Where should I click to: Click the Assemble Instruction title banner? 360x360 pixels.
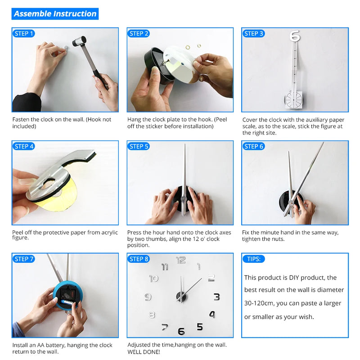coord(55,14)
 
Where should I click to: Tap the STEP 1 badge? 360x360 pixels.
coord(24,33)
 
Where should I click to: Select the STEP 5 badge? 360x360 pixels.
coord(139,146)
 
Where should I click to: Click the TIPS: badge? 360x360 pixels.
coord(254,259)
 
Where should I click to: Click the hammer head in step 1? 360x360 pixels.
coord(80,41)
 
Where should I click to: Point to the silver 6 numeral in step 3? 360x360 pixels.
coord(295,36)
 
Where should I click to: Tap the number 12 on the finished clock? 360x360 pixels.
coord(181,260)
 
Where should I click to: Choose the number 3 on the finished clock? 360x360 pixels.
coord(217,297)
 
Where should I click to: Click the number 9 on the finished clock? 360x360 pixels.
coord(148,297)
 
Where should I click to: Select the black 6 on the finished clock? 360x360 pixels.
coord(181,331)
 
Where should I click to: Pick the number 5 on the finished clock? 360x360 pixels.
coord(200,327)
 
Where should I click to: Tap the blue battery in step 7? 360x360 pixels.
coord(67,302)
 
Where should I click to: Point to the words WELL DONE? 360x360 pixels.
coord(144,352)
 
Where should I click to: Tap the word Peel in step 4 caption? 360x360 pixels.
coord(18,232)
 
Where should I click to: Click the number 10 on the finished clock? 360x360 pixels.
coord(154,279)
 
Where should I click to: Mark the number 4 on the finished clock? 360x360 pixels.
coord(212,314)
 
